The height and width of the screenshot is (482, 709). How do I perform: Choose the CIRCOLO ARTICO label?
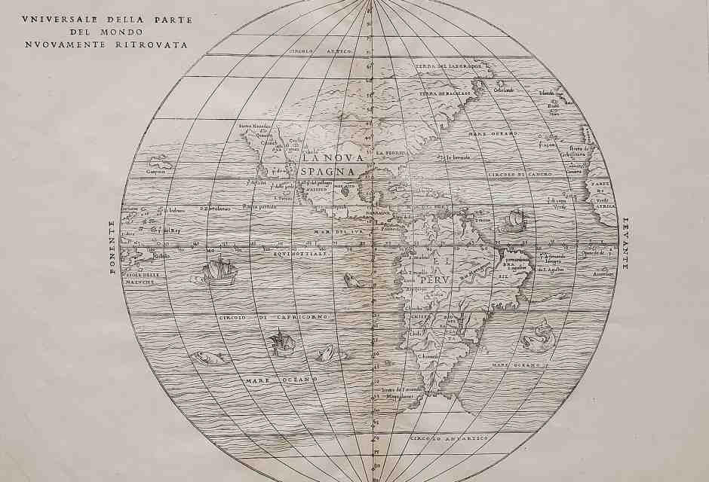click(314, 51)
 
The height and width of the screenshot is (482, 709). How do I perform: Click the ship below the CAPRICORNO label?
click(280, 344)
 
